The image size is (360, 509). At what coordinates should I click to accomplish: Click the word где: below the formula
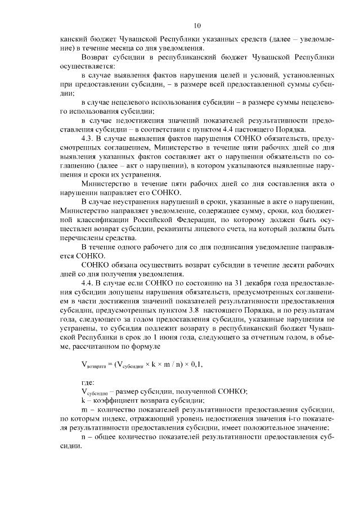(89, 382)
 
